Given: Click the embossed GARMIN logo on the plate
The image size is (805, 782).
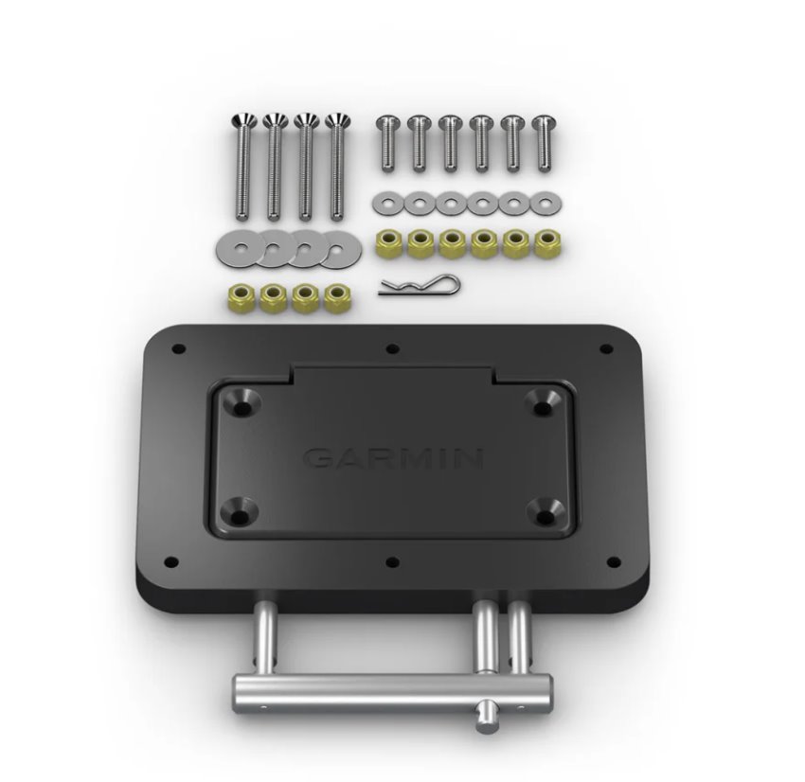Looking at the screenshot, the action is pyautogui.click(x=394, y=458).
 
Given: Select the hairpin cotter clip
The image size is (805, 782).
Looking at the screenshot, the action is pyautogui.click(x=419, y=286).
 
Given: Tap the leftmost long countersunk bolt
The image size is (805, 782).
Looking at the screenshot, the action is pyautogui.click(x=243, y=167).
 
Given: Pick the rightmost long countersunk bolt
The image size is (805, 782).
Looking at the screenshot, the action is pyautogui.click(x=337, y=167).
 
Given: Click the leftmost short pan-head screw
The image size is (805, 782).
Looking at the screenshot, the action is pyautogui.click(x=387, y=143).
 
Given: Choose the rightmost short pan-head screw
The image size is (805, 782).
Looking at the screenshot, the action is pyautogui.click(x=544, y=143).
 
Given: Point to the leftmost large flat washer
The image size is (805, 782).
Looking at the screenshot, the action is pyautogui.click(x=239, y=249).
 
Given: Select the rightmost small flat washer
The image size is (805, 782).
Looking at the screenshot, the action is pyautogui.click(x=546, y=204).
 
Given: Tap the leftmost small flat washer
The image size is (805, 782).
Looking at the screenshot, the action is pyautogui.click(x=387, y=203).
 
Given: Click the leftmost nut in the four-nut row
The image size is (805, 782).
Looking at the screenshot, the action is pyautogui.click(x=241, y=297).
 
